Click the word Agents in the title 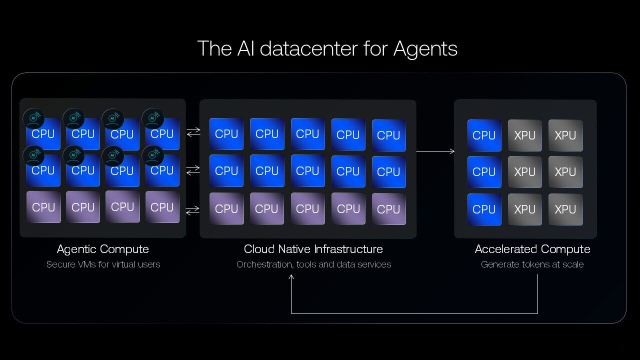425,49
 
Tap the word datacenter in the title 309,48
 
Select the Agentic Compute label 103,249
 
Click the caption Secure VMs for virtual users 103,264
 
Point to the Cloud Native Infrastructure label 313,249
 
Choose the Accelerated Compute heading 532,249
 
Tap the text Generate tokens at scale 532,264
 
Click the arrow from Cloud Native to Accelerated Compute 435,151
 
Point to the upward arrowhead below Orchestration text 291,277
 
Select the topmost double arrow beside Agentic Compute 193,132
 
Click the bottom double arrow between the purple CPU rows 192,210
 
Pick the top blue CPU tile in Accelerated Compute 484,135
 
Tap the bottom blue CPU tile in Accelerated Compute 484,209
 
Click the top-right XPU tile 565,135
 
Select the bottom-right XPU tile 565,209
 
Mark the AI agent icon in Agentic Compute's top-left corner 33,118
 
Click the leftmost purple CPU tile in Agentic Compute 43,207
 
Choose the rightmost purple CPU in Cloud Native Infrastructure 389,209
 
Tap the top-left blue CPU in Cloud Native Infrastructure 226,134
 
